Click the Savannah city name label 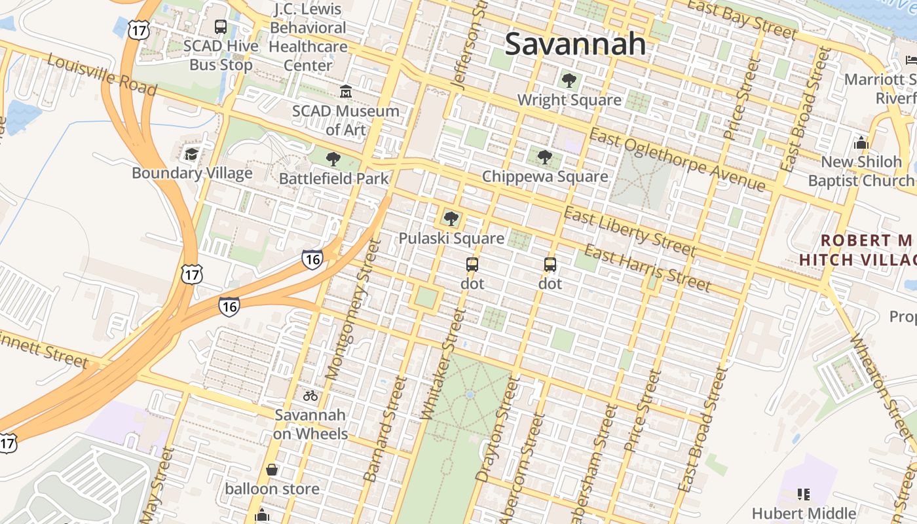tap(575, 44)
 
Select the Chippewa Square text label tap(545, 176)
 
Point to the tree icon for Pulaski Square tap(451, 219)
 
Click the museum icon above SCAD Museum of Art tap(345, 92)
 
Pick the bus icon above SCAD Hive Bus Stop tap(221, 27)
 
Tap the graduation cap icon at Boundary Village tap(191, 154)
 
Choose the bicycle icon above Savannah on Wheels tap(310, 396)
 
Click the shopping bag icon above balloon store tap(272, 470)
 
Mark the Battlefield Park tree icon tap(333, 159)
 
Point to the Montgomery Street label tap(352, 309)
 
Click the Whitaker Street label tap(443, 364)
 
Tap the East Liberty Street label tap(629, 233)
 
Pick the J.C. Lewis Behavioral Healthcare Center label tap(308, 37)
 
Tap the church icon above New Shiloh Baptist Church tap(861, 143)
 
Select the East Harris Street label tap(646, 267)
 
